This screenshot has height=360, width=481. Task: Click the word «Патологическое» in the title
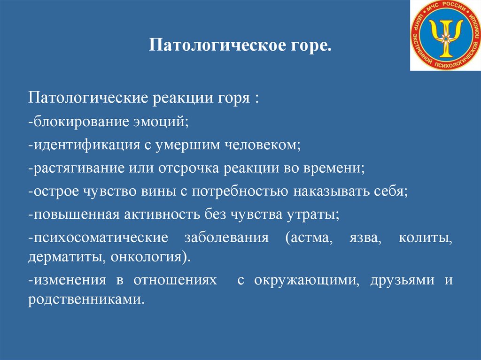pyautogui.click(x=217, y=45)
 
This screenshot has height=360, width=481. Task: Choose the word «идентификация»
pyautogui.click(x=86, y=145)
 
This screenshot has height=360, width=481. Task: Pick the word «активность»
pyautogui.click(x=162, y=214)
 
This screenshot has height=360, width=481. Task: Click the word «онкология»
pyautogui.click(x=146, y=257)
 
